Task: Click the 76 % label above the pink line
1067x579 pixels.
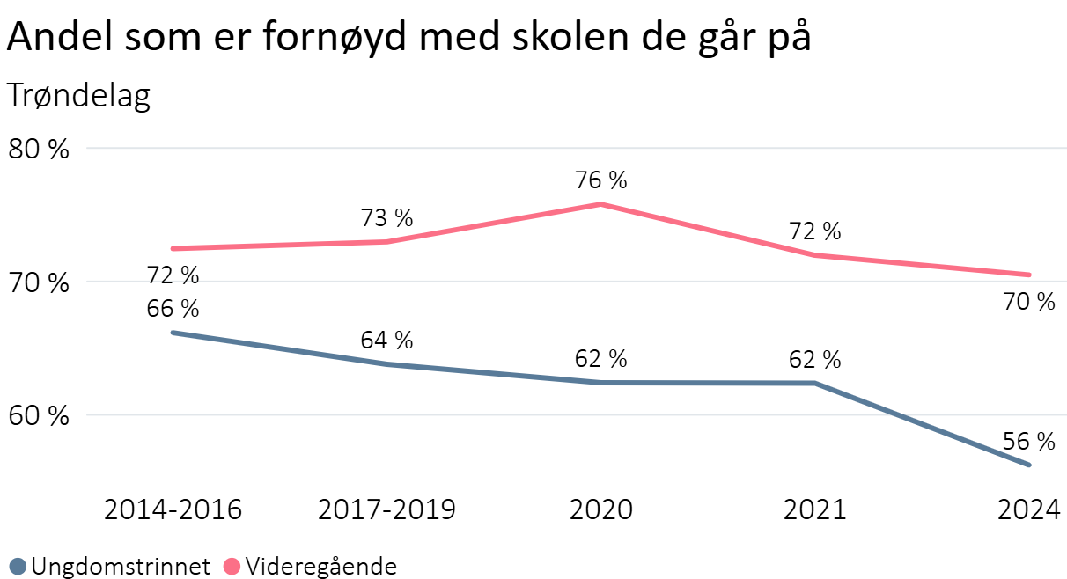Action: [x=601, y=181]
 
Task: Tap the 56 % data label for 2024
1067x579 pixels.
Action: [x=1029, y=442]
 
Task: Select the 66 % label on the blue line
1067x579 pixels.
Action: [x=173, y=310]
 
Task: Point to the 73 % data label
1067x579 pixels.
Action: [x=387, y=219]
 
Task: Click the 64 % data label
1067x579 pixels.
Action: [x=387, y=341]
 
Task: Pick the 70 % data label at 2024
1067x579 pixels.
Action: [x=1029, y=303]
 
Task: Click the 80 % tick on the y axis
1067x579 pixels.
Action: [x=38, y=149]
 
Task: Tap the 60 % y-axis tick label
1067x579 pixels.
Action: [x=38, y=415]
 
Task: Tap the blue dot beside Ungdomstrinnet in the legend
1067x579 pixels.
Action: [x=18, y=566]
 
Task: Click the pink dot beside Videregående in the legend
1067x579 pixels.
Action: [x=232, y=566]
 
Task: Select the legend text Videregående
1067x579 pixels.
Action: [x=320, y=566]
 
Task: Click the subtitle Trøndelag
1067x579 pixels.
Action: [x=79, y=96]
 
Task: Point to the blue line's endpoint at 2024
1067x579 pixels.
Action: [x=1029, y=465]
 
